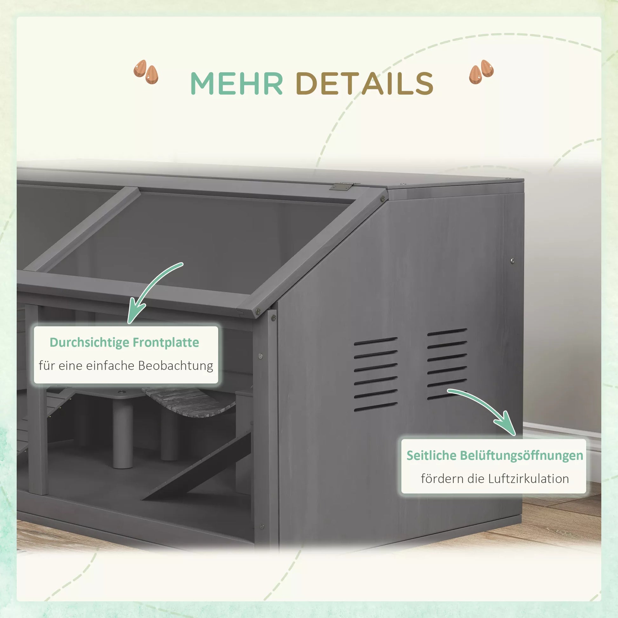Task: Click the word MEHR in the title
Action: tap(237, 83)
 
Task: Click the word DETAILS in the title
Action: tap(365, 83)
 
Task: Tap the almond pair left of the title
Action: tap(146, 72)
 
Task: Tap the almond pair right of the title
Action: tap(481, 72)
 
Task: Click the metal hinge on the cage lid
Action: tap(342, 186)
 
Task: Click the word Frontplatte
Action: tap(166, 342)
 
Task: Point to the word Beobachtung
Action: tap(176, 365)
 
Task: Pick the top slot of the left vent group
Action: tap(376, 341)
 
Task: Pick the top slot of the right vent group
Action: tap(447, 333)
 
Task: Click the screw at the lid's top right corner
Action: tap(382, 199)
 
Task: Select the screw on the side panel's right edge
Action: tap(513, 261)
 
